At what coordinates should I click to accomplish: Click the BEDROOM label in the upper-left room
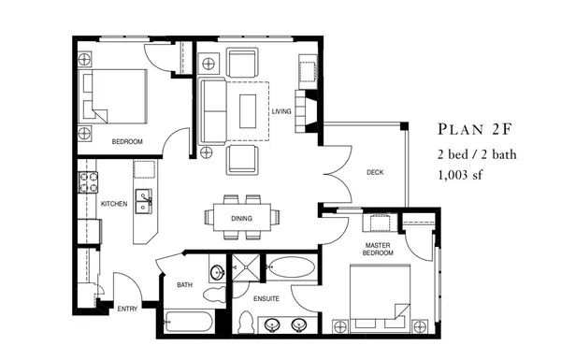[x=126, y=141]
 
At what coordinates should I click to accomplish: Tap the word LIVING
[x=281, y=112]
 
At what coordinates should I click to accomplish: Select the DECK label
[x=375, y=172]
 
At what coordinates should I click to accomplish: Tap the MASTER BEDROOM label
[x=379, y=249]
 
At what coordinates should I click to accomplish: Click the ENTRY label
[x=128, y=308]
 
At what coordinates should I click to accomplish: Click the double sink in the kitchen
[x=145, y=197]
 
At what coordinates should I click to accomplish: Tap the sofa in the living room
[x=211, y=109]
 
